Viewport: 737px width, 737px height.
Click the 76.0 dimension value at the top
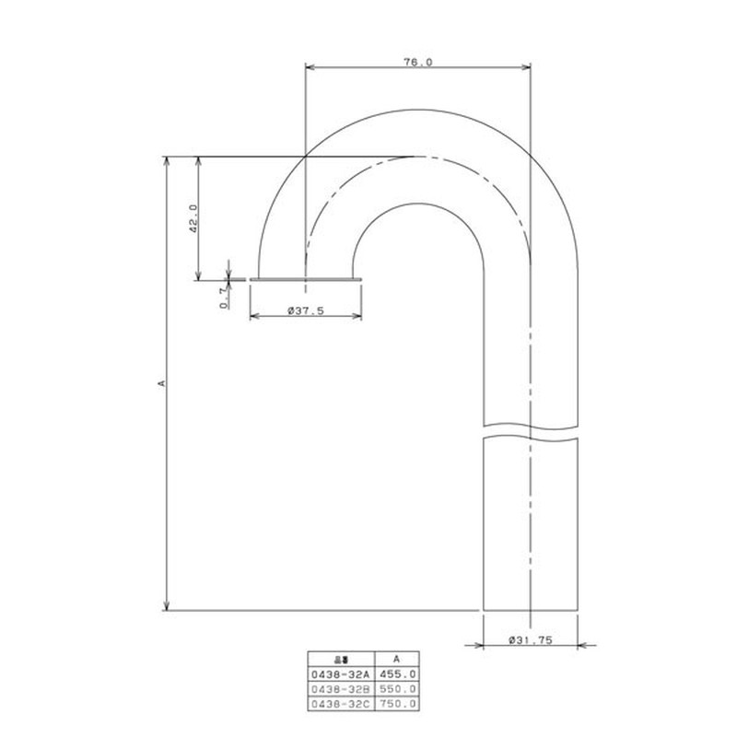tap(417, 62)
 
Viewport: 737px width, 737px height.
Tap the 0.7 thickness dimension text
tap(224, 297)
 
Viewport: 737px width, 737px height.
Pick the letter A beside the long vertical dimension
tap(160, 380)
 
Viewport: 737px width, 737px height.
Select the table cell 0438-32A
tap(340, 673)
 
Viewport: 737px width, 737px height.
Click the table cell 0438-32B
tap(340, 688)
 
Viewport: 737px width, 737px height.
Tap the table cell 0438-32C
tap(340, 703)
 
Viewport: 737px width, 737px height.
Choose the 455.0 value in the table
tap(398, 673)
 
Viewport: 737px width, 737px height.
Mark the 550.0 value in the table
tap(398, 688)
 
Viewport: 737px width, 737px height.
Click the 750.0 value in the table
tap(398, 703)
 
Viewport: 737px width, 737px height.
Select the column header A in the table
tap(397, 659)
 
